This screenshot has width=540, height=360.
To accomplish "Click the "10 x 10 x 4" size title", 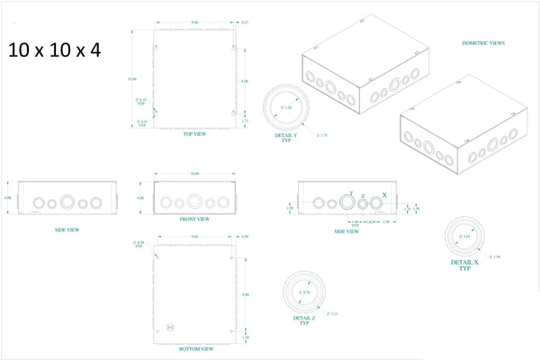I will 55,49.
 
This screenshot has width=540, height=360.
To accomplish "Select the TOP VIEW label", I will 195,133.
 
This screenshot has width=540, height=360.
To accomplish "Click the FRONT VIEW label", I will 194,219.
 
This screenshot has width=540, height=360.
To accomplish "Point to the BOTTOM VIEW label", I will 195,348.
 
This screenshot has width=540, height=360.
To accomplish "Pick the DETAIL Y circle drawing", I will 288,108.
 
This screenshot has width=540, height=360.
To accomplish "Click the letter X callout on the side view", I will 384,194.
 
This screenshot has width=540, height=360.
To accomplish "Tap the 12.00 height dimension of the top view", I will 132,79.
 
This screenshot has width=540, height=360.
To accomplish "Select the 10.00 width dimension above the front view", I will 194,174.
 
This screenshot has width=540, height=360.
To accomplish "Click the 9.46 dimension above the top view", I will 194,21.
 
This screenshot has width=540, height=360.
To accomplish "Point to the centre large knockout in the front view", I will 194,200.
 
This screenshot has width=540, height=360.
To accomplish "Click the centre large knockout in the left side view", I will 65,200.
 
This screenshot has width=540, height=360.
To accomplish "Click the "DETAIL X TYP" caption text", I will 464,265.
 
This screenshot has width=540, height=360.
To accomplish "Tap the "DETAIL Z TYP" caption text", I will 303,321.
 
